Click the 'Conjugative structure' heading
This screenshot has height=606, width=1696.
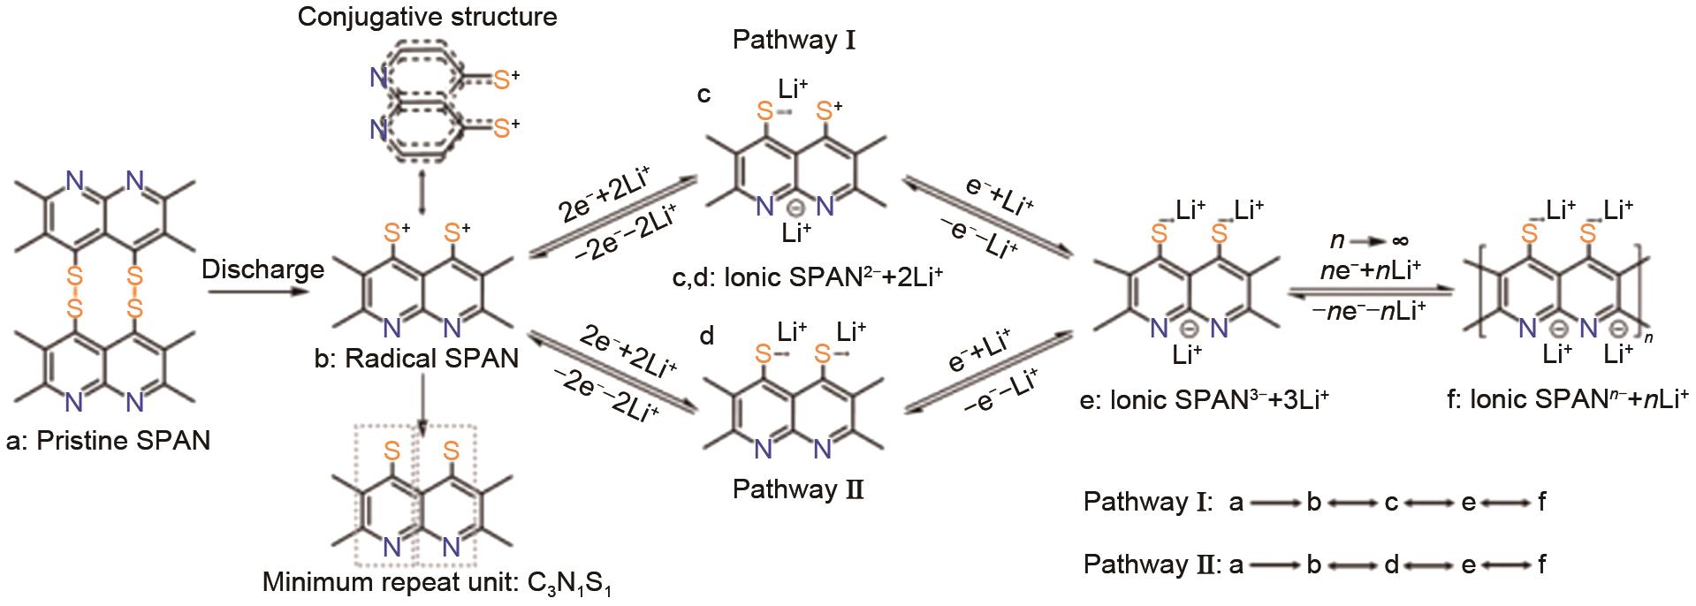(x=428, y=17)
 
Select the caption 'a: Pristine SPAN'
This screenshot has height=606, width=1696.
(x=108, y=440)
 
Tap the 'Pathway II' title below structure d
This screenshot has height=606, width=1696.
(x=797, y=489)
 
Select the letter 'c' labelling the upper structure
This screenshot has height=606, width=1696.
(x=704, y=95)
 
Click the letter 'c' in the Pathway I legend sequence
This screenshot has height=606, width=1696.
(x=1390, y=504)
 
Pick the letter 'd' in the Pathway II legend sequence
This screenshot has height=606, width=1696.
(x=1391, y=564)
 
